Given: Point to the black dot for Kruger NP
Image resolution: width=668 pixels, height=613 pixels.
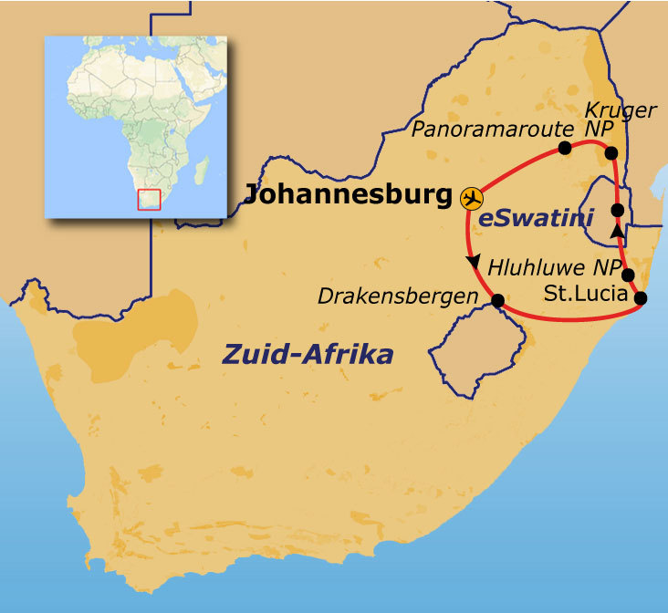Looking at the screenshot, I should [611, 152].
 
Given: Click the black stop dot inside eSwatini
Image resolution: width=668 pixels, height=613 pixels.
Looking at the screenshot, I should [618, 211].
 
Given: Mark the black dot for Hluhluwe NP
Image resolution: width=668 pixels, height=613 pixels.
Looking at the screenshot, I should [628, 275].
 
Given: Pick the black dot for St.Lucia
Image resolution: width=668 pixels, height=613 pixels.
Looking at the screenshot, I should [641, 297].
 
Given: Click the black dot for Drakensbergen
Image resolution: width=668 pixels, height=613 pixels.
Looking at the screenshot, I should [497, 300].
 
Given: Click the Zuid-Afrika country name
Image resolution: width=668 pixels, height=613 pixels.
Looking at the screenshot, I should [308, 354].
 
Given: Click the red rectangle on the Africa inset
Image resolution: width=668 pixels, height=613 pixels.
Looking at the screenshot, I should [149, 199].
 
